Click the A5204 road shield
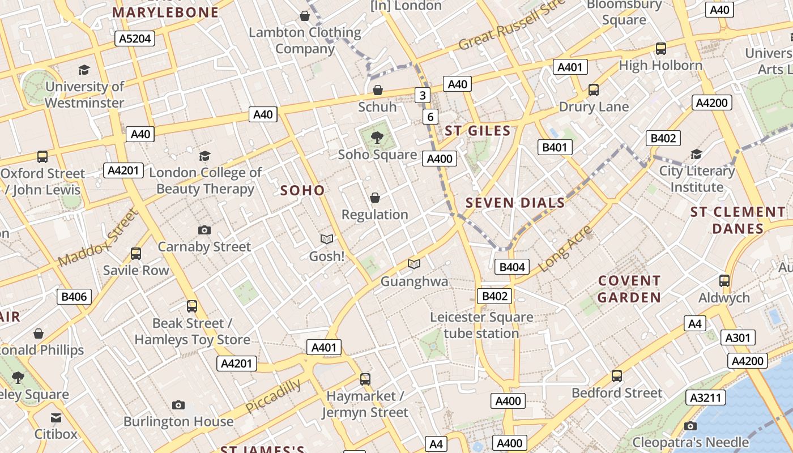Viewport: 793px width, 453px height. pyautogui.click(x=135, y=39)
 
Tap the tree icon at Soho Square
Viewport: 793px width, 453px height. pyautogui.click(x=377, y=137)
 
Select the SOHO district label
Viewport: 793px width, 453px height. pyautogui.click(x=302, y=190)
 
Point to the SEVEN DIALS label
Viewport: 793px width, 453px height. pyautogui.click(x=515, y=203)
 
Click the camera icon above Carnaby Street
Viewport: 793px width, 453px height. pyautogui.click(x=204, y=230)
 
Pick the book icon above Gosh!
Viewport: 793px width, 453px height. pyautogui.click(x=327, y=240)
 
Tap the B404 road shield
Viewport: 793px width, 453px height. pyautogui.click(x=511, y=267)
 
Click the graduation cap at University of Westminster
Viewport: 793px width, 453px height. pyautogui.click(x=84, y=70)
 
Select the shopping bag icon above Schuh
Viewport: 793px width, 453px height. pyautogui.click(x=378, y=90)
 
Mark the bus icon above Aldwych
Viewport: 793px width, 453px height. pyautogui.click(x=724, y=280)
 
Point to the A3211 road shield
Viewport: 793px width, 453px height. pyautogui.click(x=706, y=398)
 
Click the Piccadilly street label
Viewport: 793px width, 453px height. pyautogui.click(x=273, y=396)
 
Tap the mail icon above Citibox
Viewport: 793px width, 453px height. pyautogui.click(x=56, y=418)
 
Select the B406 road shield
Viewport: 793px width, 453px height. pyautogui.click(x=74, y=296)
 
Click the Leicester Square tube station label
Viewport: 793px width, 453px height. pyautogui.click(x=481, y=325)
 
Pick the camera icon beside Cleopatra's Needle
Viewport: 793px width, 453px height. pyautogui.click(x=690, y=426)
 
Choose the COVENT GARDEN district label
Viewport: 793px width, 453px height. pyautogui.click(x=629, y=289)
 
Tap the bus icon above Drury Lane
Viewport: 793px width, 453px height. pyautogui.click(x=594, y=90)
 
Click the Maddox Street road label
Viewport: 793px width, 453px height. pyautogui.click(x=97, y=238)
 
